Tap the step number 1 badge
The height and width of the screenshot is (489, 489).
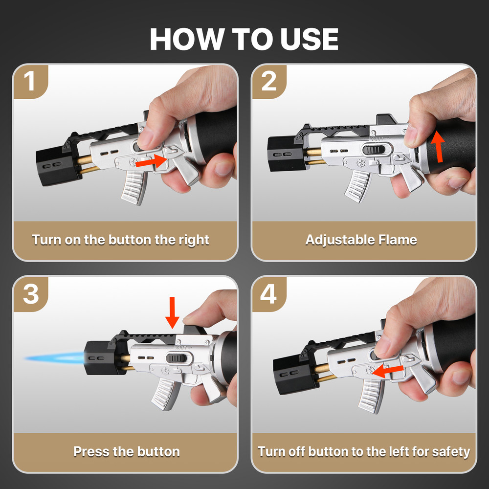coord(30,81)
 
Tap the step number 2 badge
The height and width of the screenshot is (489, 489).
coord(269,81)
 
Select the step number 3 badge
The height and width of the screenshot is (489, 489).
coord(30,294)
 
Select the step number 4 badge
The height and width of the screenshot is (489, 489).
coord(269,294)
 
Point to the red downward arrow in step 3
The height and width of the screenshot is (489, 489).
coord(172,312)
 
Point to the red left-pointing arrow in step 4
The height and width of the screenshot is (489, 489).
coord(386,370)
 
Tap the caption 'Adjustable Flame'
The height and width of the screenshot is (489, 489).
coord(361,240)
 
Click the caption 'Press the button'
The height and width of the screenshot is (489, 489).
coord(126,451)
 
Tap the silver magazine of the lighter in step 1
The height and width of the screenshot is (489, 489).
coord(132,186)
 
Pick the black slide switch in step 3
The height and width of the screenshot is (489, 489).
coord(176,358)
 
